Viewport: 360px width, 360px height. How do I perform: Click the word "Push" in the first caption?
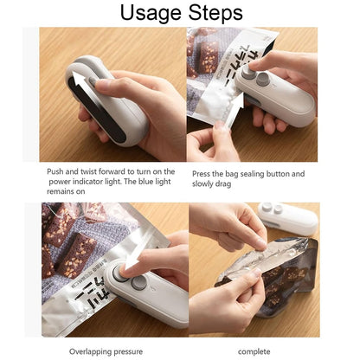coord(57,171)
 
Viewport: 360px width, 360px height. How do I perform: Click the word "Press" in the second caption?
coord(202,171)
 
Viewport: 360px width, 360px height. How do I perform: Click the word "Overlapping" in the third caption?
coord(91,350)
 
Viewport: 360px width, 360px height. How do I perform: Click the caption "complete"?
coord(254,350)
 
